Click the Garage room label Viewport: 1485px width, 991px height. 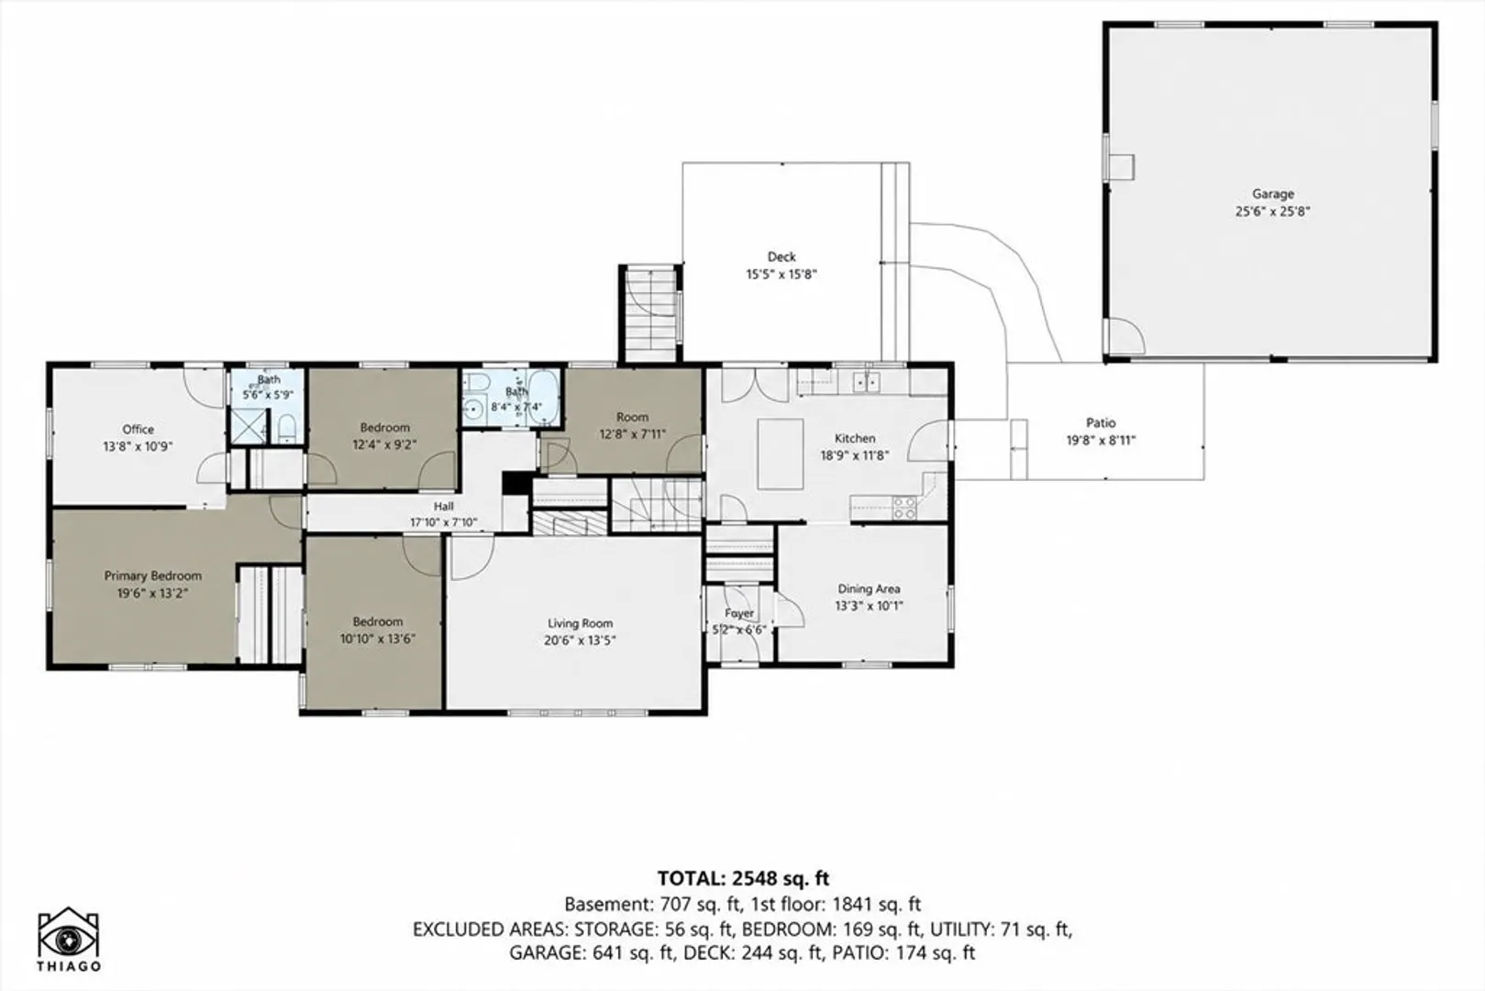pos(1273,195)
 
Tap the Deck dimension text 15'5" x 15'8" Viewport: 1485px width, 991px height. pos(781,274)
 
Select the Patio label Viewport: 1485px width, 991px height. pos(1101,422)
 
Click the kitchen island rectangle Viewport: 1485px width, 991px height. pos(781,453)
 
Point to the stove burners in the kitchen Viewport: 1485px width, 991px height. pos(904,508)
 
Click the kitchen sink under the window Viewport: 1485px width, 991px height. pos(867,382)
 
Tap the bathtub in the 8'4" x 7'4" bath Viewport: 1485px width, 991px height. pos(546,397)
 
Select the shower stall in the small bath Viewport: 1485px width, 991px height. pos(248,427)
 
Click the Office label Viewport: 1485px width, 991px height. pos(138,429)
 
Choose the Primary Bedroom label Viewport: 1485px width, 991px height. pos(152,575)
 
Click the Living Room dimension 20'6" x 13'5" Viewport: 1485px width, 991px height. pos(580,640)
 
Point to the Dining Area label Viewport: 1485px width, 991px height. pos(869,589)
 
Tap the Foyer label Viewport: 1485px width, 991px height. pos(738,614)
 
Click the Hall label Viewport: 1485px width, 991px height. pos(444,507)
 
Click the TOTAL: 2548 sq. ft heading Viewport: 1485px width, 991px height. pos(743,878)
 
